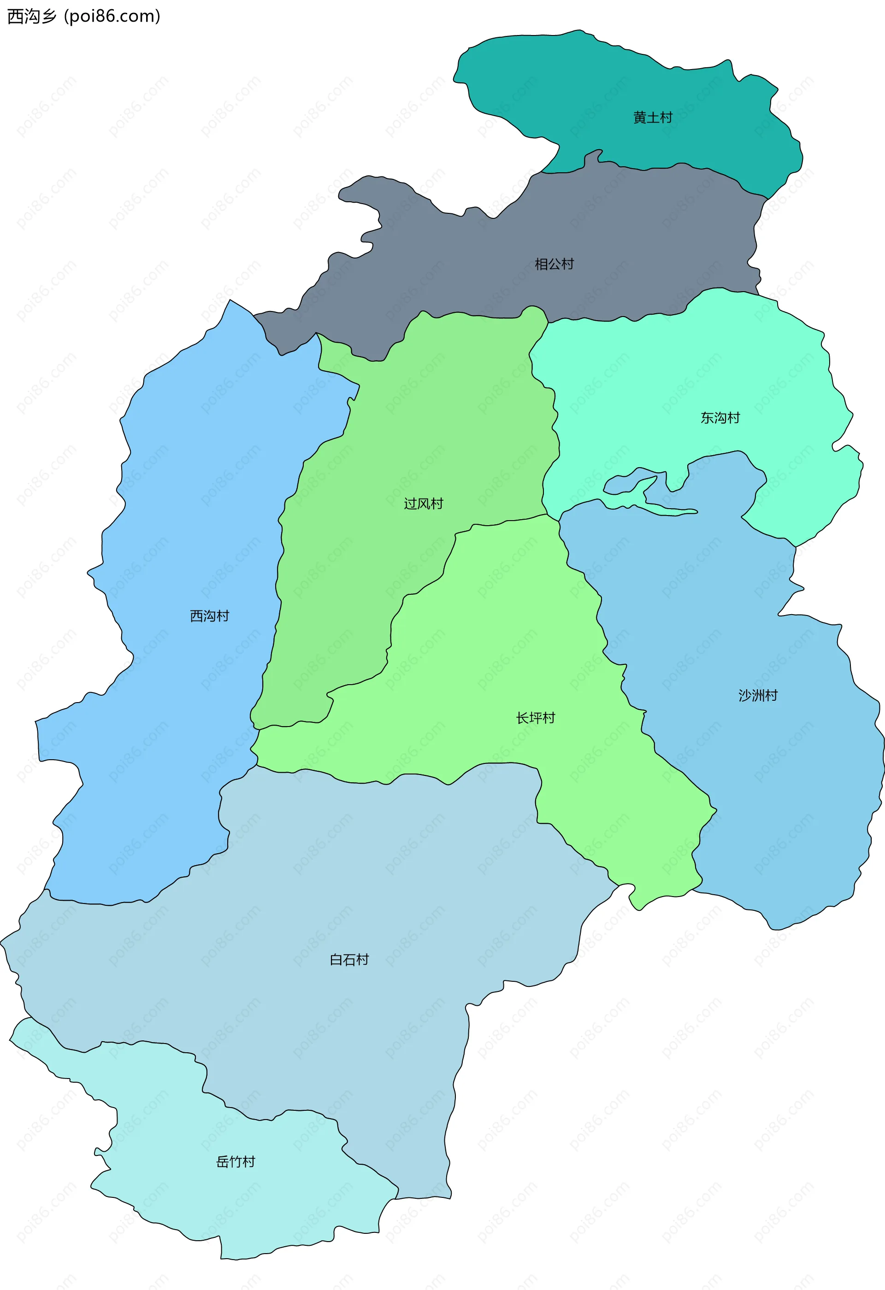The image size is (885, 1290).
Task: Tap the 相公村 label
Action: click(x=554, y=264)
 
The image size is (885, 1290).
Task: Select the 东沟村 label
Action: click(x=720, y=418)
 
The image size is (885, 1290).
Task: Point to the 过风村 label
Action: click(x=424, y=504)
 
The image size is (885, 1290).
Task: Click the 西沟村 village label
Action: click(x=209, y=616)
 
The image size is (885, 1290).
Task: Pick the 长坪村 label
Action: click(x=535, y=718)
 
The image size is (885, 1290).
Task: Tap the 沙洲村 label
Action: click(x=758, y=696)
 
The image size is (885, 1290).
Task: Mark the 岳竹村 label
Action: click(x=236, y=1162)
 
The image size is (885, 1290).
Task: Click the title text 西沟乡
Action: click(x=32, y=17)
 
